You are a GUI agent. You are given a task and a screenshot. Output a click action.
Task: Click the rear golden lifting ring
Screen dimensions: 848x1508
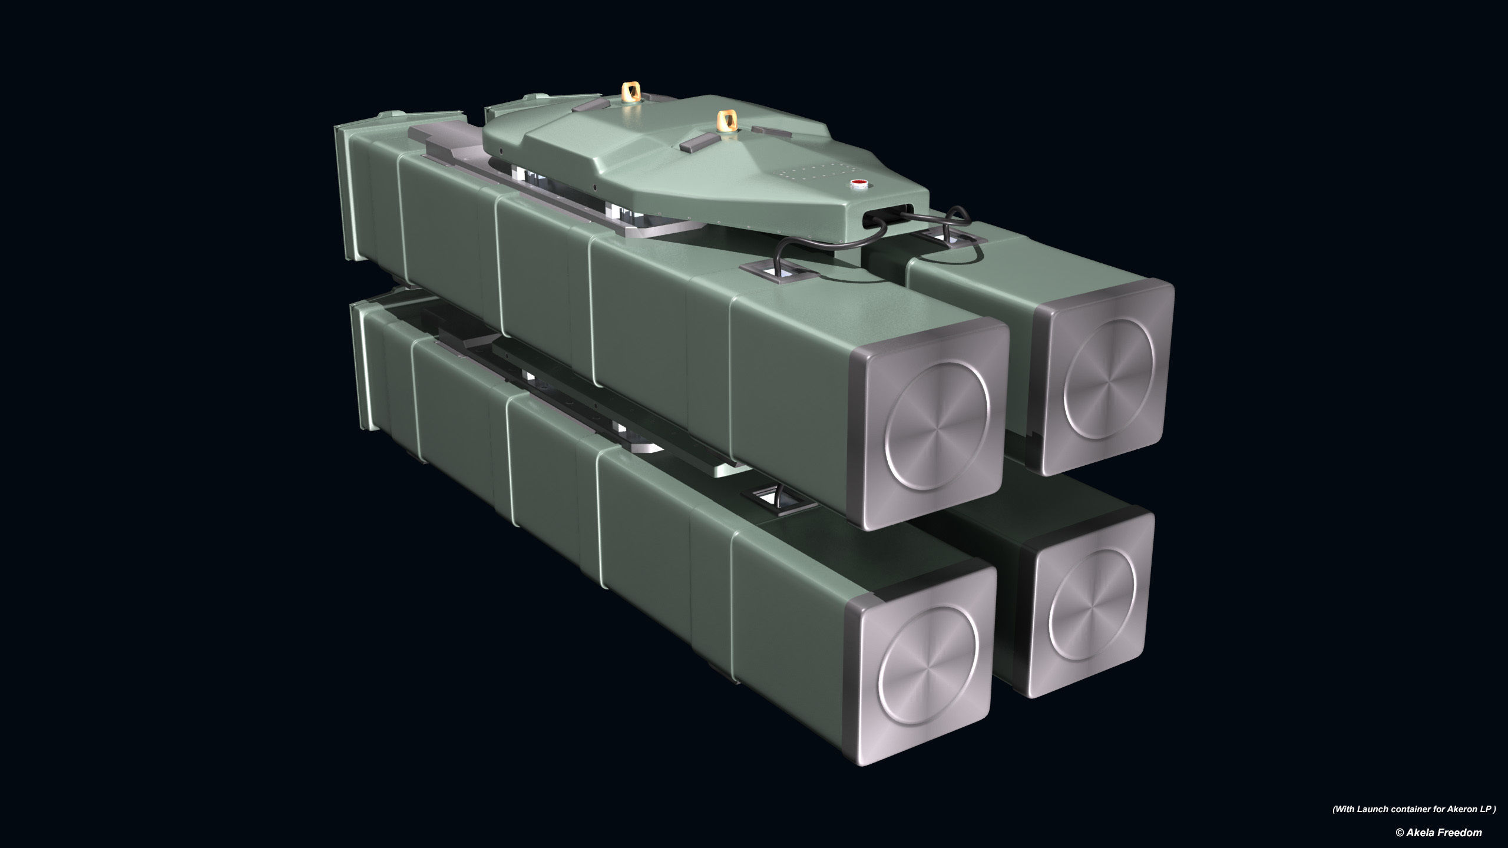tap(632, 91)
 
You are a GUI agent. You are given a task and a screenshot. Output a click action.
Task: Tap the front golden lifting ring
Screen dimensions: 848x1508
tap(726, 122)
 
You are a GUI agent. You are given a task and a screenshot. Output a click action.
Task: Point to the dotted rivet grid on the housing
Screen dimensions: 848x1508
tap(808, 173)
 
